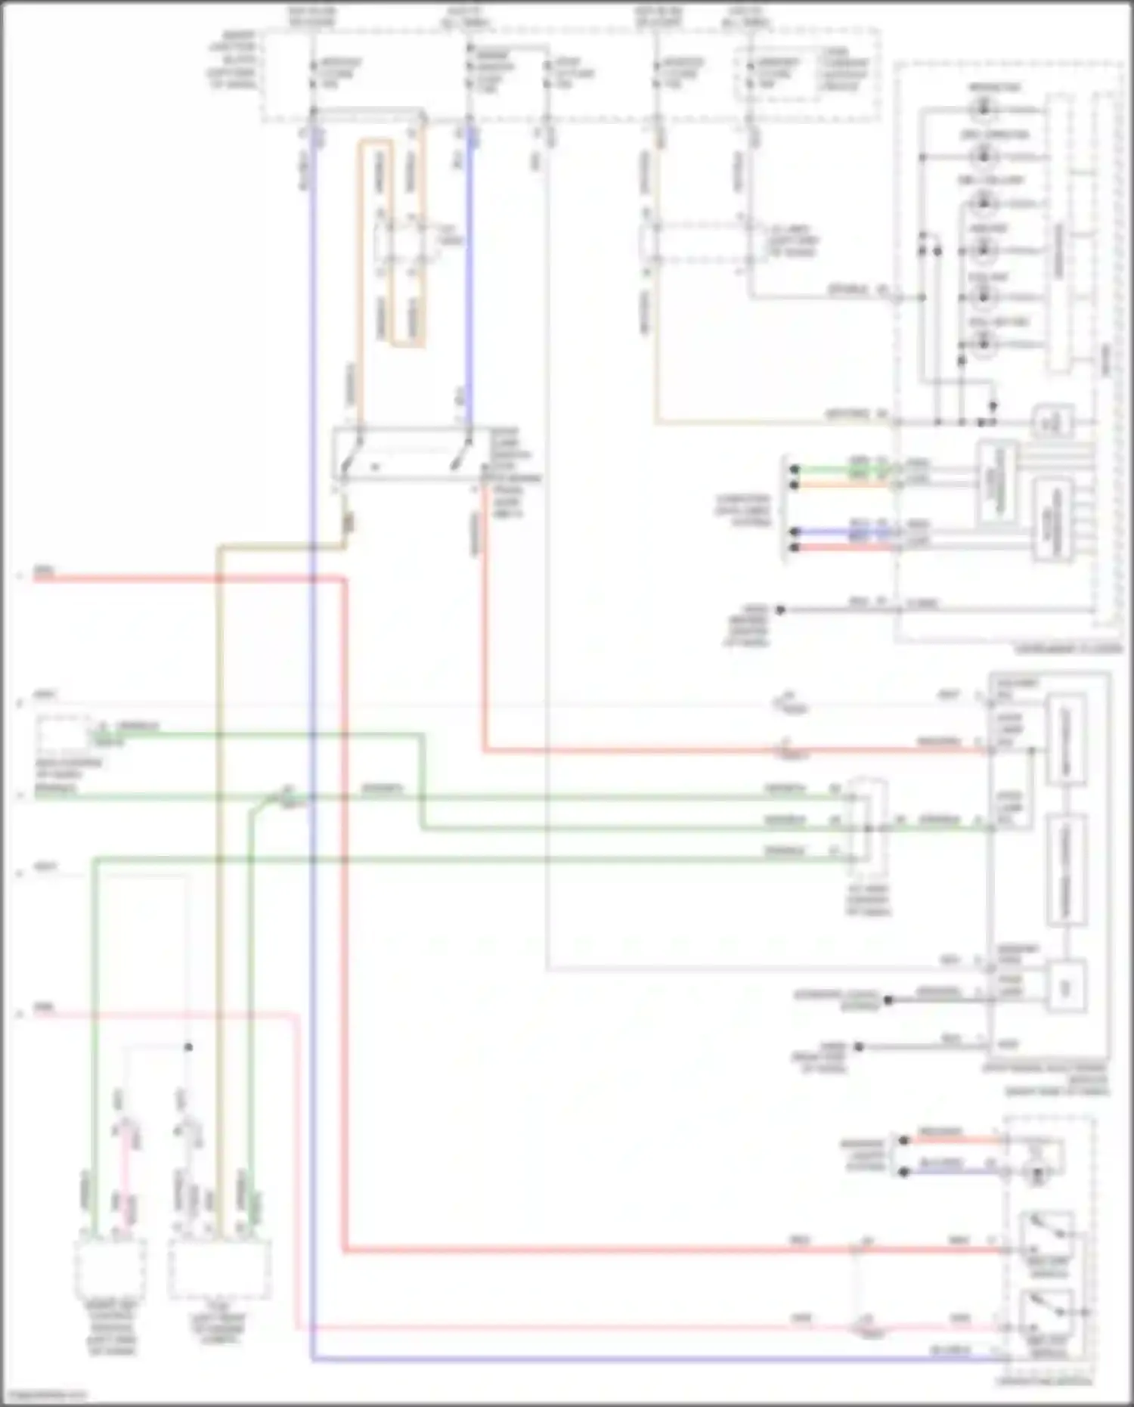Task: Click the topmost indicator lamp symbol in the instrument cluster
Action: [983, 110]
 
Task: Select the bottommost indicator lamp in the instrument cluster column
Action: [983, 345]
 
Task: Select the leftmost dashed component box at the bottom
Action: [110, 1269]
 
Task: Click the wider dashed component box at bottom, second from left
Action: [219, 1269]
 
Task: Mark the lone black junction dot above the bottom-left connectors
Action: [188, 1047]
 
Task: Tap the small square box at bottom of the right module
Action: [1066, 986]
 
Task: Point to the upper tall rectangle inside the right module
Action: [1066, 739]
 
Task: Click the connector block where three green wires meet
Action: [866, 827]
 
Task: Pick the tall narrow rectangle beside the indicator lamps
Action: [1058, 234]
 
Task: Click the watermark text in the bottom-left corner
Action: [43, 1394]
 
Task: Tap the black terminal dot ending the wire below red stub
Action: [780, 609]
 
